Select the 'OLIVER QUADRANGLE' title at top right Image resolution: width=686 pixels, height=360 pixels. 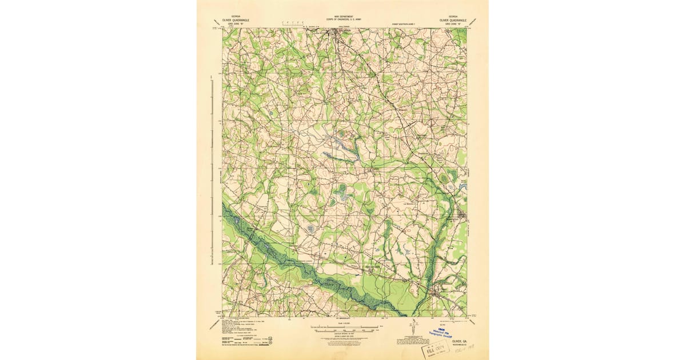click(x=453, y=19)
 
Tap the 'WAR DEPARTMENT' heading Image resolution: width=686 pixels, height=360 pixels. click(x=343, y=17)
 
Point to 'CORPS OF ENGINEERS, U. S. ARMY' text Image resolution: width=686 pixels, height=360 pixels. click(x=343, y=19)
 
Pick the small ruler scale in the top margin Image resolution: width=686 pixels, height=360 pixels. click(x=293, y=23)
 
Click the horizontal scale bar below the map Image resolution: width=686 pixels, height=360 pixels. click(x=343, y=327)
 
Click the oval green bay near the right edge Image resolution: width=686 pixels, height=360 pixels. click(x=444, y=179)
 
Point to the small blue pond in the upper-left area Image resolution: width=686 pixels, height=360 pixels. click(x=269, y=115)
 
